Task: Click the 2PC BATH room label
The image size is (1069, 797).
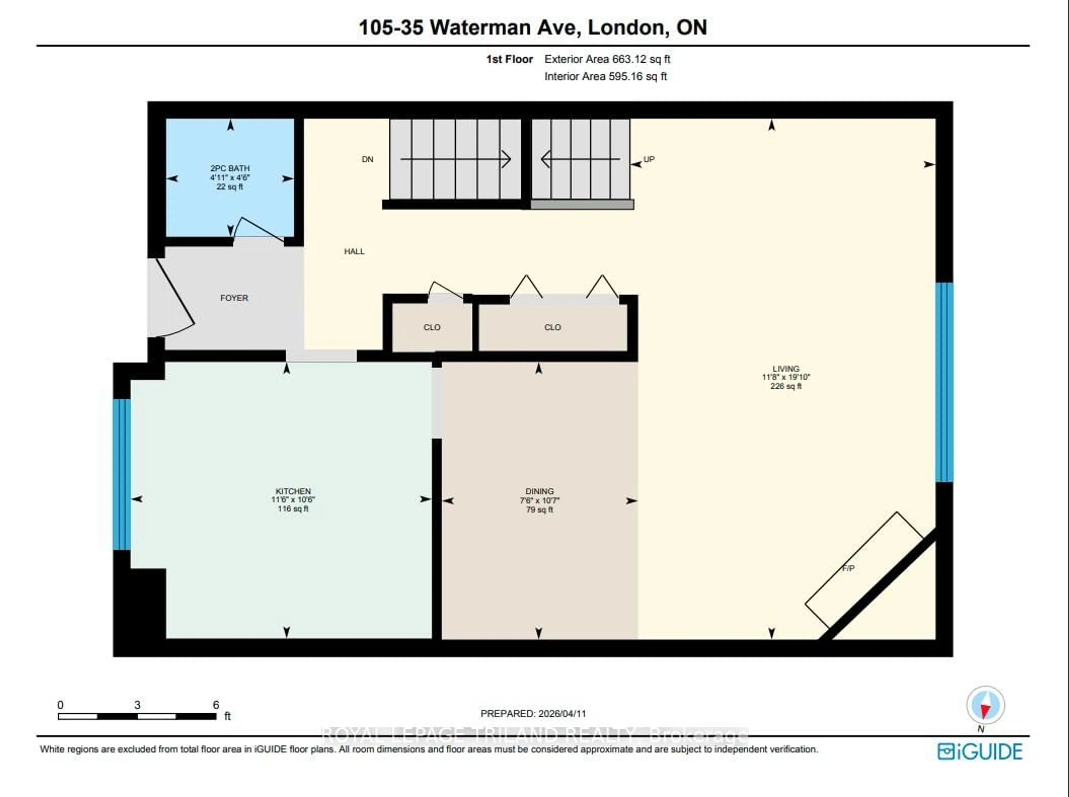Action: point(230,168)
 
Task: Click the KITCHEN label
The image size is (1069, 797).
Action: point(293,491)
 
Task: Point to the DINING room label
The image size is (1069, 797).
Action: point(539,491)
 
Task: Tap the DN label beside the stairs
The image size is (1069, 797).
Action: point(367,159)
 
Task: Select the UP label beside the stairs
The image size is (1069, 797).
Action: point(649,159)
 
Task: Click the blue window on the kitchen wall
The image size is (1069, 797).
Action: point(122,474)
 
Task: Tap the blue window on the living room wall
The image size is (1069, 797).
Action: point(944,382)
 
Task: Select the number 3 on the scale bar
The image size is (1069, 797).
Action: point(138,705)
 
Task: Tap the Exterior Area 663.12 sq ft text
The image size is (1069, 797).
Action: point(607,59)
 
